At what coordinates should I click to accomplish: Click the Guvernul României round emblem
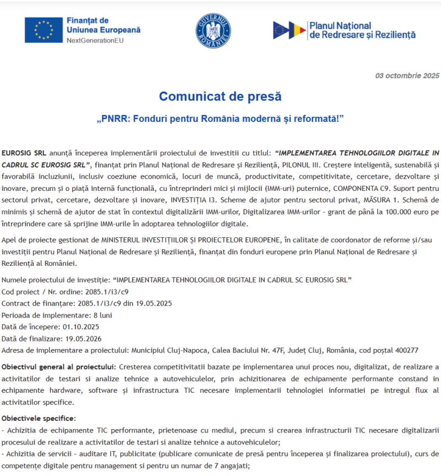[213, 30]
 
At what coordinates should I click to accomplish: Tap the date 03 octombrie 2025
[407, 76]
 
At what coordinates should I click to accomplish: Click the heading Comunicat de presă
[220, 97]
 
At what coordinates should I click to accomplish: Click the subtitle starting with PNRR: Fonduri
[220, 119]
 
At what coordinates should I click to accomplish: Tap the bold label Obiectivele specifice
[39, 419]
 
